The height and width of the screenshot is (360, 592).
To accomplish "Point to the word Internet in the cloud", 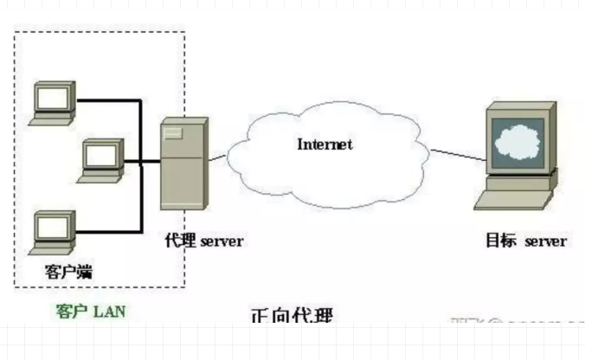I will [x=325, y=145].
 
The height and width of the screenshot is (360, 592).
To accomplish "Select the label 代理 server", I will [x=203, y=241].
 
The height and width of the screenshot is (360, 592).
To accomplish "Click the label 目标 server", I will [x=525, y=240].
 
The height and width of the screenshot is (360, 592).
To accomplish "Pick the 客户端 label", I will [x=68, y=272].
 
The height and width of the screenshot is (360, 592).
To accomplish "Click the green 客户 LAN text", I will [x=90, y=310].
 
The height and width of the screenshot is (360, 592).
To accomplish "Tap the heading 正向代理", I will [x=291, y=317].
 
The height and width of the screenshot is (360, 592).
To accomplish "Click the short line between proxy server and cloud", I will [x=216, y=159].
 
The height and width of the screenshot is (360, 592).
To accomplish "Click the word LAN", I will [x=109, y=310].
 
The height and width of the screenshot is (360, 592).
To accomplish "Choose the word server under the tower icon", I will [x=222, y=241].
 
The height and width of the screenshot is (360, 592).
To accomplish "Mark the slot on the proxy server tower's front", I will [x=174, y=132].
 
